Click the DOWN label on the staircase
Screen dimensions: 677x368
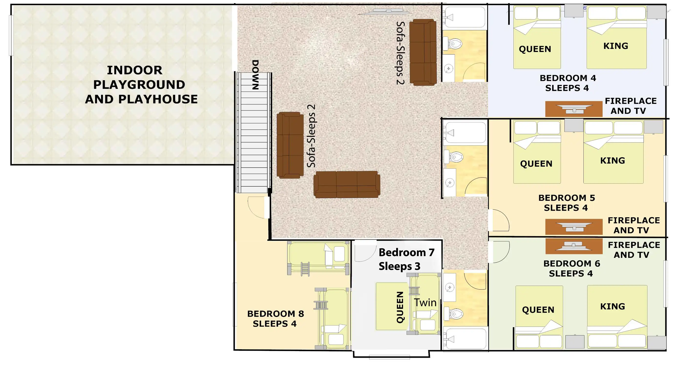255,75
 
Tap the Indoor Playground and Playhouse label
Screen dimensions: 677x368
141,85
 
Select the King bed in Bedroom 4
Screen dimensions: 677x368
616,37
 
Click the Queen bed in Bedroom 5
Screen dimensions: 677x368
537,152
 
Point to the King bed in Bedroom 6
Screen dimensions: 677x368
617,317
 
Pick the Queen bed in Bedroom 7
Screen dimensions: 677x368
393,306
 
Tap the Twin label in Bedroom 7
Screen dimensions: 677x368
425,303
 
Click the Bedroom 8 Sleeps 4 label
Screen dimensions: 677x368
275,319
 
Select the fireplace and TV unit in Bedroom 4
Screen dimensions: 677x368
574,109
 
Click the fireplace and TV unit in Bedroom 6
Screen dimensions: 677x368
574,246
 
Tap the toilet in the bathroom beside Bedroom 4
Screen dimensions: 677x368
453,43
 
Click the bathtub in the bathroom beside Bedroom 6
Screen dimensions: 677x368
465,339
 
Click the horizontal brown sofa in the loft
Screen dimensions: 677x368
347,185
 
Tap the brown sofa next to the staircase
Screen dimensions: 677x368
290,145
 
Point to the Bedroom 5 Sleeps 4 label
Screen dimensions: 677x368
567,203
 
